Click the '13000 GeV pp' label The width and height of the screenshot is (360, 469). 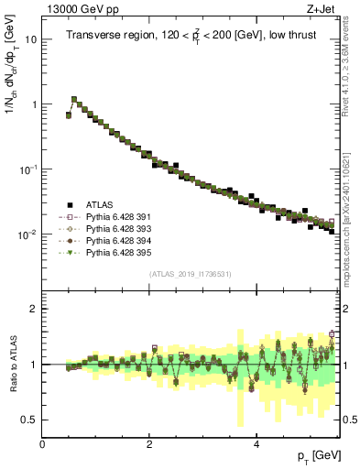point(76,8)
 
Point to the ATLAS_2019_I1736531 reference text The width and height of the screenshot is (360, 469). point(190,274)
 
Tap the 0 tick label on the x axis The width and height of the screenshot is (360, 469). point(43,444)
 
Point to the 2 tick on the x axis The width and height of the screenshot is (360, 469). point(149,444)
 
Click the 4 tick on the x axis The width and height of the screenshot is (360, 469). point(256,444)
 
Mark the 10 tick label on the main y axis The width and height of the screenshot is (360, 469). point(31,39)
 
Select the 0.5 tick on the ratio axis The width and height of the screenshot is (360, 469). point(29,420)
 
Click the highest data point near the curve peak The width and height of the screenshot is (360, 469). point(74,99)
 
